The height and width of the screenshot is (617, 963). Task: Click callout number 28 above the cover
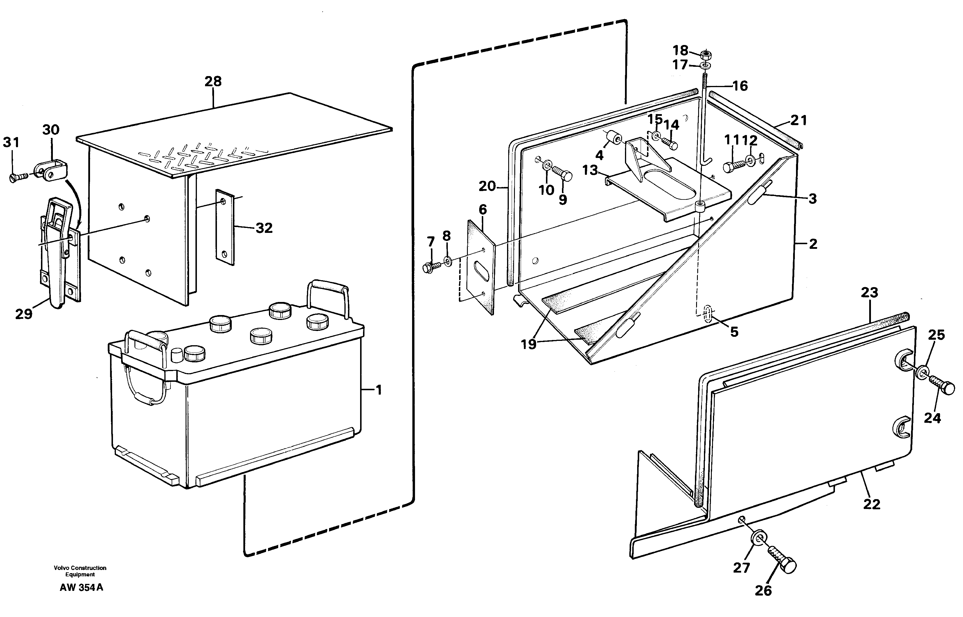[213, 82]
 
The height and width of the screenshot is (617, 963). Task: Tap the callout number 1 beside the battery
[378, 390]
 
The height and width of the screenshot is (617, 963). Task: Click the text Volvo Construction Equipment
[80, 571]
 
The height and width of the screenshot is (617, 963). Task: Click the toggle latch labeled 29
[59, 249]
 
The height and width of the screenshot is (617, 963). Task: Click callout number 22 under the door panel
[871, 504]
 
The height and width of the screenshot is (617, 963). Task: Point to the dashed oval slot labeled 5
[708, 314]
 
